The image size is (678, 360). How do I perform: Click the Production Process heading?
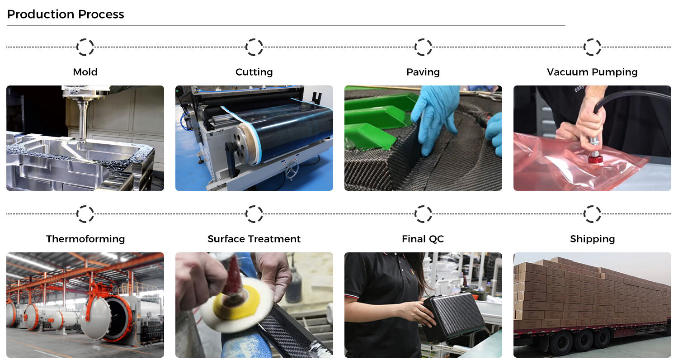tap(66, 14)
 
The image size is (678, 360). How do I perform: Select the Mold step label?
tap(85, 72)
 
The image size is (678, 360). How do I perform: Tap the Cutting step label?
tap(254, 72)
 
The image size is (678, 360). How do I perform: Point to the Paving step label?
tap(423, 72)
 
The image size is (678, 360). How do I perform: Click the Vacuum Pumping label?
tap(592, 72)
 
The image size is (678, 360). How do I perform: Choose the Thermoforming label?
tap(85, 239)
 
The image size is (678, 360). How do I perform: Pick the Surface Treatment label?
tap(254, 239)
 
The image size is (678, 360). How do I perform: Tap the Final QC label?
tap(423, 239)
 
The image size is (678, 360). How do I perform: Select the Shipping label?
tap(592, 239)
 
